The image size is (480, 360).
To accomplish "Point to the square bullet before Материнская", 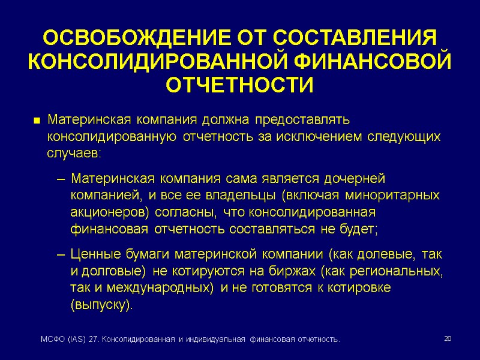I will pyautogui.click(x=37, y=121).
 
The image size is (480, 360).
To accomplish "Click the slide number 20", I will pyautogui.click(x=447, y=340).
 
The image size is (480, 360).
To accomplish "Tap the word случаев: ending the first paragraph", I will pyautogui.click(x=74, y=153).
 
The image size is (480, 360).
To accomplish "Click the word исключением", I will pyautogui.click(x=319, y=137).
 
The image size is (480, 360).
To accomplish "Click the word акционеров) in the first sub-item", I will pyautogui.click(x=110, y=212).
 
